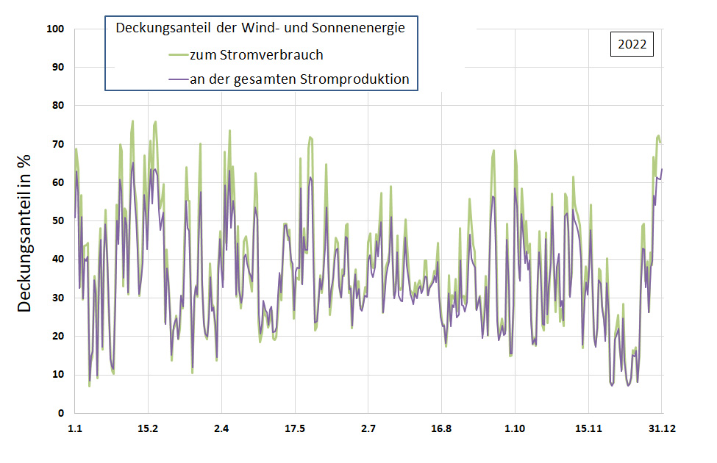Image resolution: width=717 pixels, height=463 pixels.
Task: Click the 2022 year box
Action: click(632, 44)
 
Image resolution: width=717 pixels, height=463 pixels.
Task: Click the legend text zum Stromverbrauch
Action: click(256, 54)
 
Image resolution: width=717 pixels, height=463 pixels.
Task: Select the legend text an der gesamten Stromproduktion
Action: click(299, 79)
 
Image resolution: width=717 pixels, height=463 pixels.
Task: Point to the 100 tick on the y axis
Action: click(57, 29)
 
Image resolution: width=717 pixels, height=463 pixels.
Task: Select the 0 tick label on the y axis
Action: click(62, 413)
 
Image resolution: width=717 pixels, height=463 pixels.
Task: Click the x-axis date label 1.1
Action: click(74, 428)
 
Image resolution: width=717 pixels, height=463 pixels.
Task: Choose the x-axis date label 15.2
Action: click(148, 428)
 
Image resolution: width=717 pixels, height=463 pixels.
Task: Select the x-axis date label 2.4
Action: click(221, 428)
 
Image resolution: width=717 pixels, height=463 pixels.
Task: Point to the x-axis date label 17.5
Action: click(295, 428)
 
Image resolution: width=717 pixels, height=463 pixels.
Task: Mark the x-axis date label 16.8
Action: click(441, 428)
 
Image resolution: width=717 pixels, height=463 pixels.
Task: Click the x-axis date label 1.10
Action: click(515, 428)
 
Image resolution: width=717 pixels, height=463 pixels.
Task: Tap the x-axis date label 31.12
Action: click(661, 428)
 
